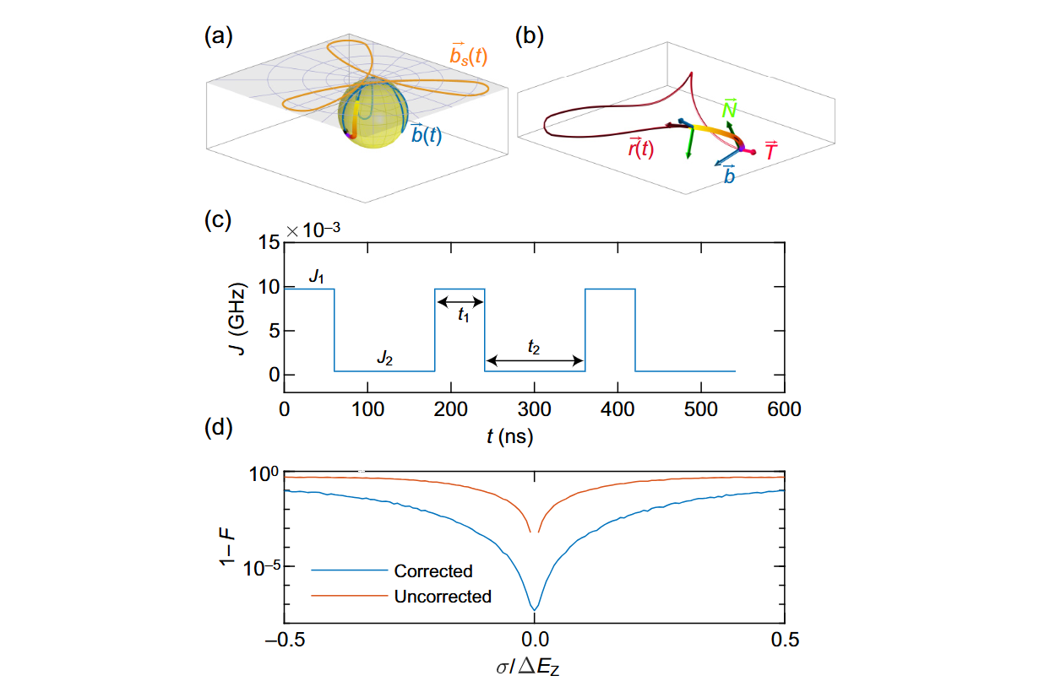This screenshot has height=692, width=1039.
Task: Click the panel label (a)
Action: point(219,37)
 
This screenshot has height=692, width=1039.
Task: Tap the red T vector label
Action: point(771,152)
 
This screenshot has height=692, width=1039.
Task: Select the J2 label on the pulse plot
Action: point(384,359)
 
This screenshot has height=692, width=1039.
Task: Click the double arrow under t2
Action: point(536,361)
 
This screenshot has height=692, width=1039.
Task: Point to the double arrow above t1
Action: point(460,301)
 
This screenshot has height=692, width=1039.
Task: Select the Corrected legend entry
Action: point(432,571)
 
